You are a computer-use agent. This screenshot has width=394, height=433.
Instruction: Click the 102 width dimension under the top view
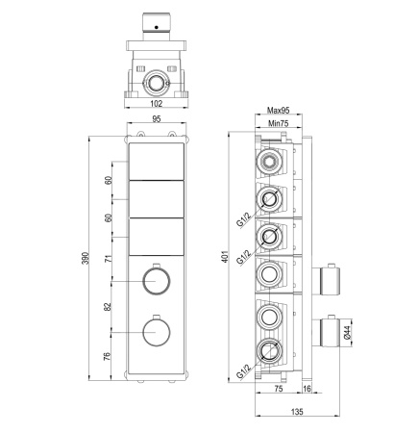tap(157, 103)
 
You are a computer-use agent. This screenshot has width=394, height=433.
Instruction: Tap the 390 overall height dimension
tap(86, 258)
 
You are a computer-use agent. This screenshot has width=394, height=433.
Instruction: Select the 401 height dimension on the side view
tap(226, 257)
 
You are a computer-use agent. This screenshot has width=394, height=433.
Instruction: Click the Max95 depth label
tap(279, 111)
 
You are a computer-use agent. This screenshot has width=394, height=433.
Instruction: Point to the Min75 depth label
tap(279, 123)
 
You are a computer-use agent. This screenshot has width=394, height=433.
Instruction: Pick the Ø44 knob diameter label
tap(348, 333)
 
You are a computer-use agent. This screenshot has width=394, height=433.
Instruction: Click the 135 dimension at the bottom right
tap(297, 411)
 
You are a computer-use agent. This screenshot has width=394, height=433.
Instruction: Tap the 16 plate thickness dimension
tap(307, 389)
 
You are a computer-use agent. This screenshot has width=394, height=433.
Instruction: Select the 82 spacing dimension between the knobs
tap(108, 307)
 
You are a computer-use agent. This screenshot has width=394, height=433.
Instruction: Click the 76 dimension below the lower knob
tap(108, 356)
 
